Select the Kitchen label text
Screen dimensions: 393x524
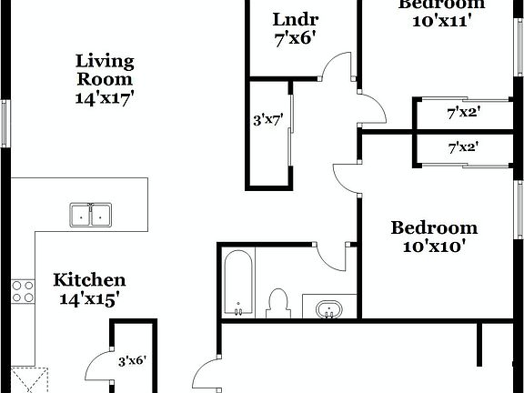[x=89, y=280]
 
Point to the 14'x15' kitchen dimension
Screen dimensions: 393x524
[x=89, y=298]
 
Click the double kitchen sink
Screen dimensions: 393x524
[x=90, y=215]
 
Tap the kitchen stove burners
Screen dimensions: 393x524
[x=23, y=291]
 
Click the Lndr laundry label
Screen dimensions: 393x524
[x=294, y=20]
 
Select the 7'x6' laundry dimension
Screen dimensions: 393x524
[x=294, y=40]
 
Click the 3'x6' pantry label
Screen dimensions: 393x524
[x=132, y=360]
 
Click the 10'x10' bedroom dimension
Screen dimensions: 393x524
[x=434, y=246]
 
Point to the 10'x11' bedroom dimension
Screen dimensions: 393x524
[x=441, y=22]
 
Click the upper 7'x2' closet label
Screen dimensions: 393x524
[x=463, y=114]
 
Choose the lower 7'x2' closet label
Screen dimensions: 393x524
[x=463, y=146]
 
